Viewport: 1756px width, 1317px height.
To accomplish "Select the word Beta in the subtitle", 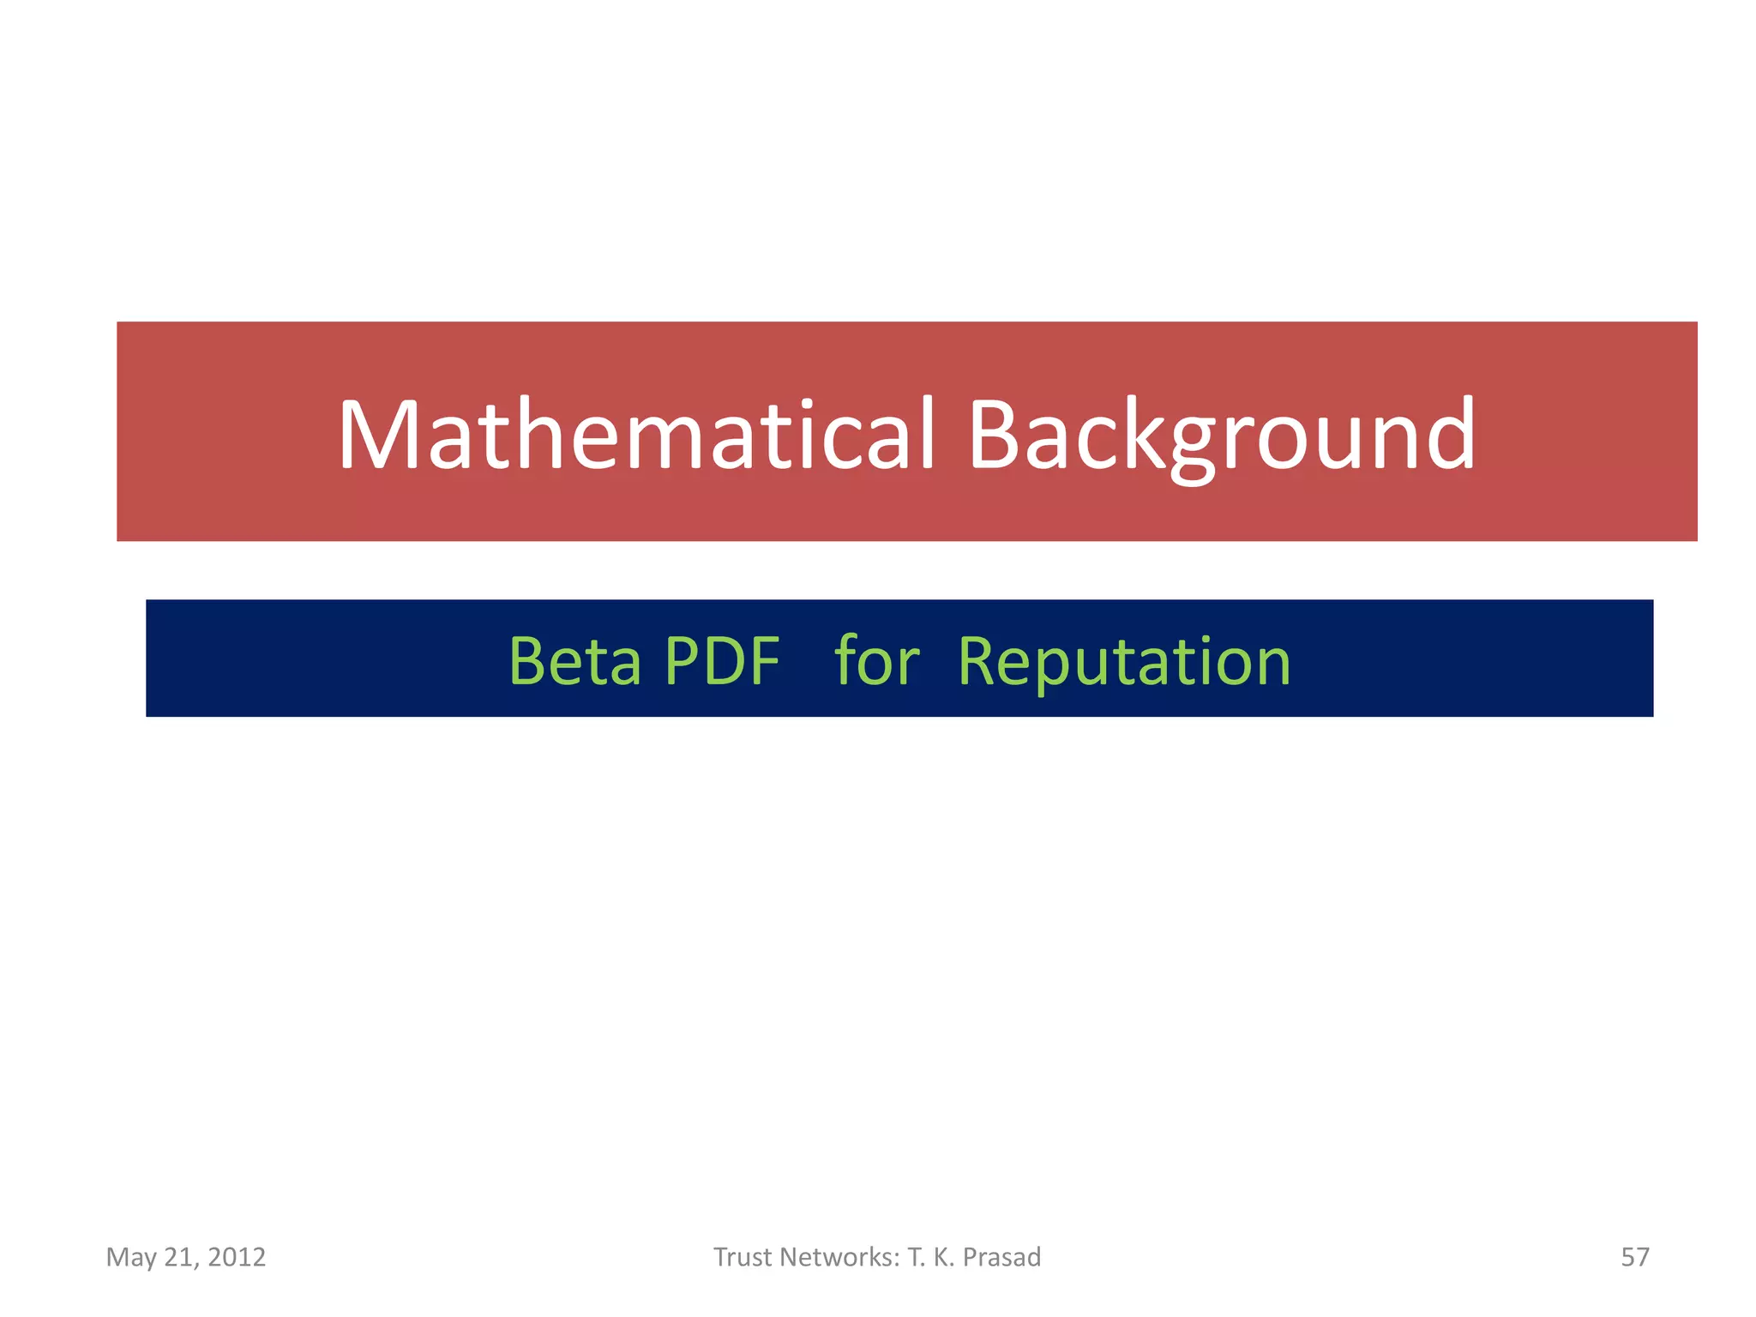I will tap(574, 661).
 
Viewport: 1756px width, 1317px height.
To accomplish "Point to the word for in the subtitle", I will tap(876, 661).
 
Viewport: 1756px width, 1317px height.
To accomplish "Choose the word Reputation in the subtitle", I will tap(1123, 663).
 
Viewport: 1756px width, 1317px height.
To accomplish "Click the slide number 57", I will tap(1634, 1257).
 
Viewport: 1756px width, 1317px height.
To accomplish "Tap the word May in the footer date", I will tap(131, 1258).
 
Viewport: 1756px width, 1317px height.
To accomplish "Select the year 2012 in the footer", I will tap(237, 1257).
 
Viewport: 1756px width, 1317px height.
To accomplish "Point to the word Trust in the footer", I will tap(743, 1257).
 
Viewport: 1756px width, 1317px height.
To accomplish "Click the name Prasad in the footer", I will tap(1001, 1257).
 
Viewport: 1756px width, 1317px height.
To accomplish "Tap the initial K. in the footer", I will tap(943, 1257).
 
